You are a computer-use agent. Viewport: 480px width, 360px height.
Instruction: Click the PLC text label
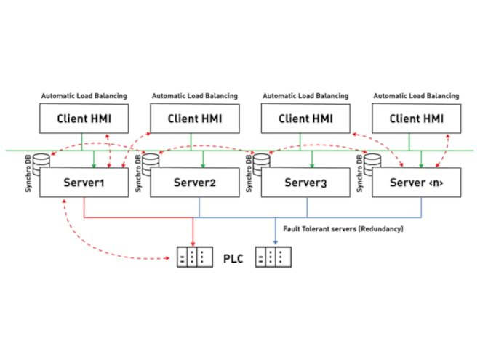(232, 257)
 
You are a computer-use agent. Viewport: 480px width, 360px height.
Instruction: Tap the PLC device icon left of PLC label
(192, 257)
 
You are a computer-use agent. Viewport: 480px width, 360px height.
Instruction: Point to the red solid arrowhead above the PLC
(192, 242)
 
